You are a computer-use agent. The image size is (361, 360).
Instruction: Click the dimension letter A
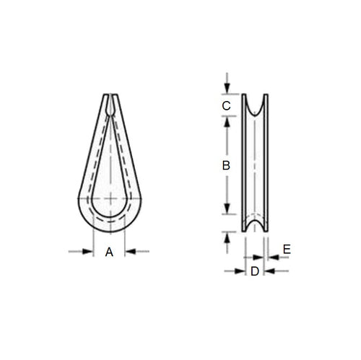(x=109, y=252)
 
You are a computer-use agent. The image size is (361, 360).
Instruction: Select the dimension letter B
(x=226, y=165)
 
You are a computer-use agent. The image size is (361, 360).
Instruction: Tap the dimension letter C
(x=226, y=106)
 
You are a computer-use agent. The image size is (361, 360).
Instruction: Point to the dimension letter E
(x=286, y=249)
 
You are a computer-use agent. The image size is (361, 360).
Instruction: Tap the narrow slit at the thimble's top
(x=109, y=102)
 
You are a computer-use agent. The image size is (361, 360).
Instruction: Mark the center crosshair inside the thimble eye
(x=109, y=198)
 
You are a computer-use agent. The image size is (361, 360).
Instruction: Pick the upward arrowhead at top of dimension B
(x=227, y=122)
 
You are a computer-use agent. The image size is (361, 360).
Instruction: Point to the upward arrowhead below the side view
(x=227, y=237)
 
